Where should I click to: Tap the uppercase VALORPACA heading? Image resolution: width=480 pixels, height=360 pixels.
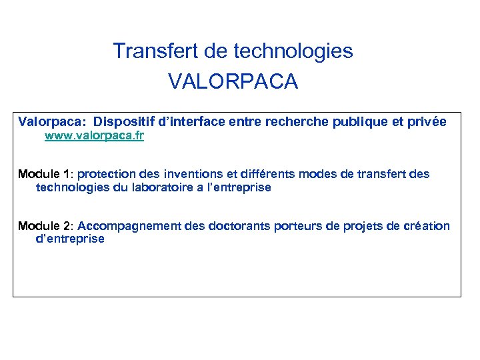coord(233,82)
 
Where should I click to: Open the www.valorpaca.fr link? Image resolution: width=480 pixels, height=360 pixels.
coord(94,136)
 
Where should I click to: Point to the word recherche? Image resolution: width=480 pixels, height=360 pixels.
coord(294,122)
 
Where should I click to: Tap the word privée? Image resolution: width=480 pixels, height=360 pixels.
coord(427,122)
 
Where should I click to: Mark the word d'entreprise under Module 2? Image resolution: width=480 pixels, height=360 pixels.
coord(70,239)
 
